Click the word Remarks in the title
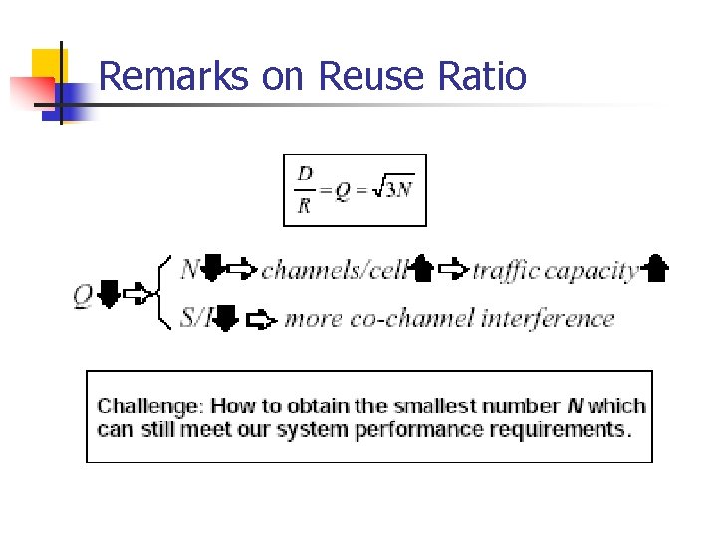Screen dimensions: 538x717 [173, 76]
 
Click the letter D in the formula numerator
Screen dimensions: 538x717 [304, 174]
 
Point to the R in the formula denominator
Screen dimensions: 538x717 [304, 206]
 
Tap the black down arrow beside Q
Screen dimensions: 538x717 [110, 294]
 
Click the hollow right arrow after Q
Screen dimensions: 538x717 [135, 294]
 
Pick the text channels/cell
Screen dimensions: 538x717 [335, 269]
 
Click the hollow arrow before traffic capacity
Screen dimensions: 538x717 [453, 269]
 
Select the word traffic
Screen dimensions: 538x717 [506, 270]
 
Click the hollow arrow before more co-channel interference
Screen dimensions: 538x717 [259, 320]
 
